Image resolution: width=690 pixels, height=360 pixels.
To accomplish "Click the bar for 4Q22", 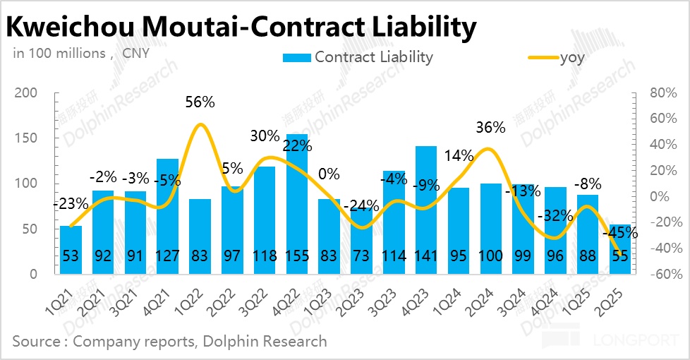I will (x=297, y=205).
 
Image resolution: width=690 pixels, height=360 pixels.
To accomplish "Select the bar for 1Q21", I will (x=71, y=250).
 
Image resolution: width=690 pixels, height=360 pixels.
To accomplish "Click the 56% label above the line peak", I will (x=200, y=102).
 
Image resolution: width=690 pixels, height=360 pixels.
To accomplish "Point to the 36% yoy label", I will (x=490, y=128).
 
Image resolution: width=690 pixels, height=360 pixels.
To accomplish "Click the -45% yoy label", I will (x=622, y=232).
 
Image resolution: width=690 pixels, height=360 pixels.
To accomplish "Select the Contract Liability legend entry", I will (x=358, y=57).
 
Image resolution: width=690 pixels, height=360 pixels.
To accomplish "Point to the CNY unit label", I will (x=135, y=53).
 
